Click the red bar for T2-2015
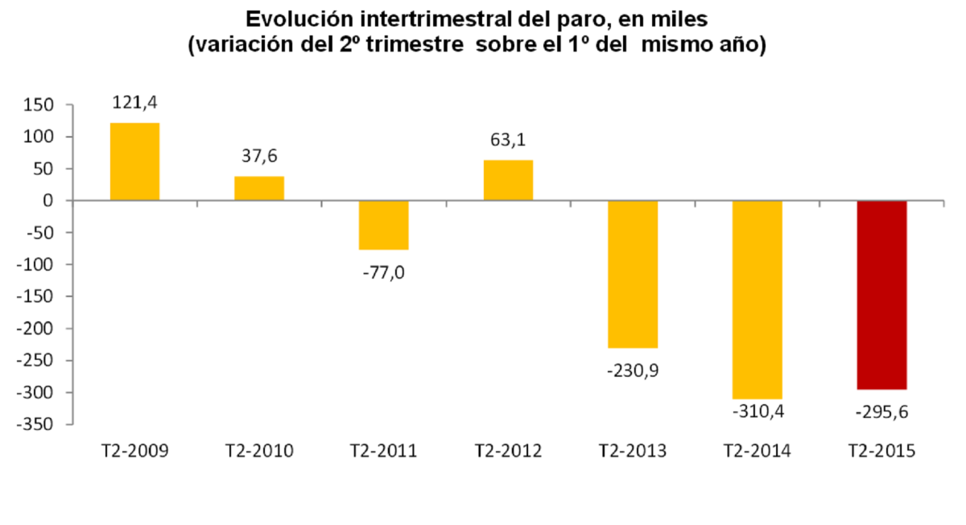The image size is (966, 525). point(881,295)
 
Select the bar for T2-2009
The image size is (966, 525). point(134,161)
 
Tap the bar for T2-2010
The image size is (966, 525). point(259,188)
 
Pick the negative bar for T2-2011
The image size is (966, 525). point(383,225)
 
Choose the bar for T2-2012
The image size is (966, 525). point(508,180)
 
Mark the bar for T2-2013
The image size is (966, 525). point(633,274)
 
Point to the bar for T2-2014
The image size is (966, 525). point(757,300)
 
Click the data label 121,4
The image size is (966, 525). point(134,104)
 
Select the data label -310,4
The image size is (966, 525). point(758,412)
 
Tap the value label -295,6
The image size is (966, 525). point(882,412)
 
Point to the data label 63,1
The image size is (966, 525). point(508,141)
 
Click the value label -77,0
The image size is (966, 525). point(383,273)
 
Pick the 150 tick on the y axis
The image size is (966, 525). point(39,105)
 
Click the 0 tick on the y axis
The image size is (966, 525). point(48,200)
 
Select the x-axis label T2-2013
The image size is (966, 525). point(633,451)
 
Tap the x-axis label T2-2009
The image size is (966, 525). point(134,451)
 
